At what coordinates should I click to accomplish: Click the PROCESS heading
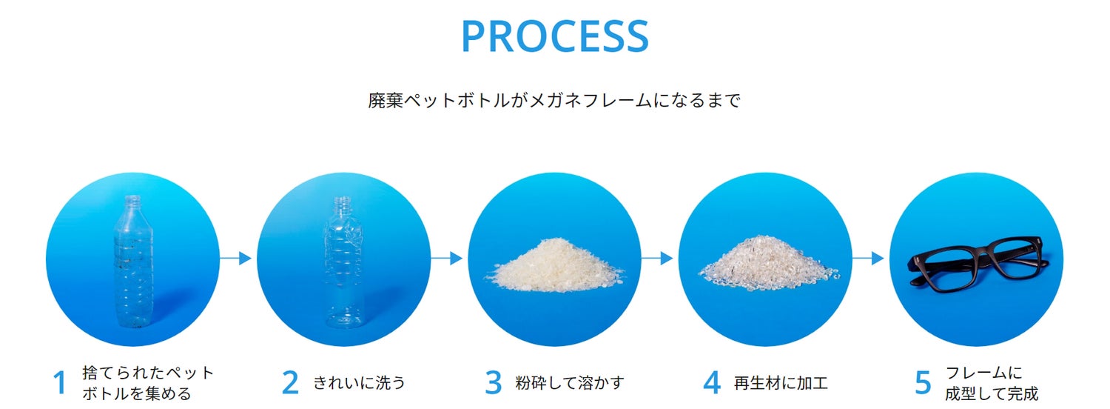[x=554, y=36]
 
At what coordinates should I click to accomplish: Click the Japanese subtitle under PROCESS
[x=554, y=101]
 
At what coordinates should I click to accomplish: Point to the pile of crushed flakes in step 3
[x=554, y=265]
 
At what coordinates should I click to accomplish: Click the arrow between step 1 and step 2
[x=237, y=259]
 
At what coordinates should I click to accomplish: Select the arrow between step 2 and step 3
[x=447, y=259]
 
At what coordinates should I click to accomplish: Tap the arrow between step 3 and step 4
[x=658, y=259]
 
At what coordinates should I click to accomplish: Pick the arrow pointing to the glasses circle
[x=869, y=259]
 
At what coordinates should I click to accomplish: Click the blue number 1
[x=60, y=384]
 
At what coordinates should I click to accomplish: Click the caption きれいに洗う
[x=359, y=383]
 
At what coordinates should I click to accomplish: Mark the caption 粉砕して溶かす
[x=570, y=383]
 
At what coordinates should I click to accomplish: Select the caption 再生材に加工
[x=781, y=383]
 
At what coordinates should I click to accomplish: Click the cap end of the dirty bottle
[x=133, y=200]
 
